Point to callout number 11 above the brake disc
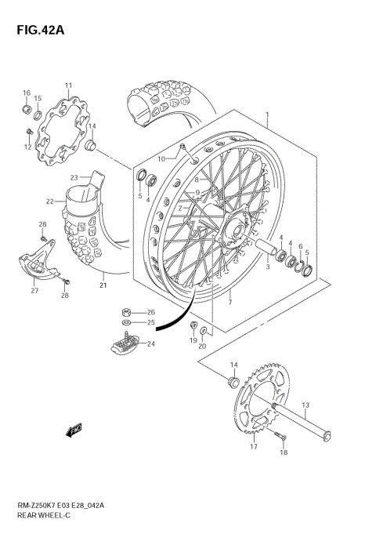pyautogui.click(x=68, y=85)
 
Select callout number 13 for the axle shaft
pyautogui.click(x=306, y=405)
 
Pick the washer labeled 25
pyautogui.click(x=128, y=321)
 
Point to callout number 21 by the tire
pyautogui.click(x=103, y=285)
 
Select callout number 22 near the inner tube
pyautogui.click(x=49, y=202)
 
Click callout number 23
pyautogui.click(x=74, y=177)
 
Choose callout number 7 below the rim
pyautogui.click(x=230, y=301)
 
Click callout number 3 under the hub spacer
pyautogui.click(x=268, y=267)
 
